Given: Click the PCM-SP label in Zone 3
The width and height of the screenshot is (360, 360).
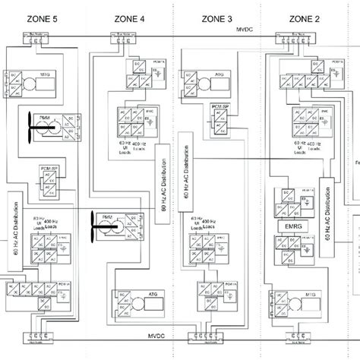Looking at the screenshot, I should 220,109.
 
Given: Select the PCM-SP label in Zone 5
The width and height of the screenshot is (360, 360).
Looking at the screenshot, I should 49,162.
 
